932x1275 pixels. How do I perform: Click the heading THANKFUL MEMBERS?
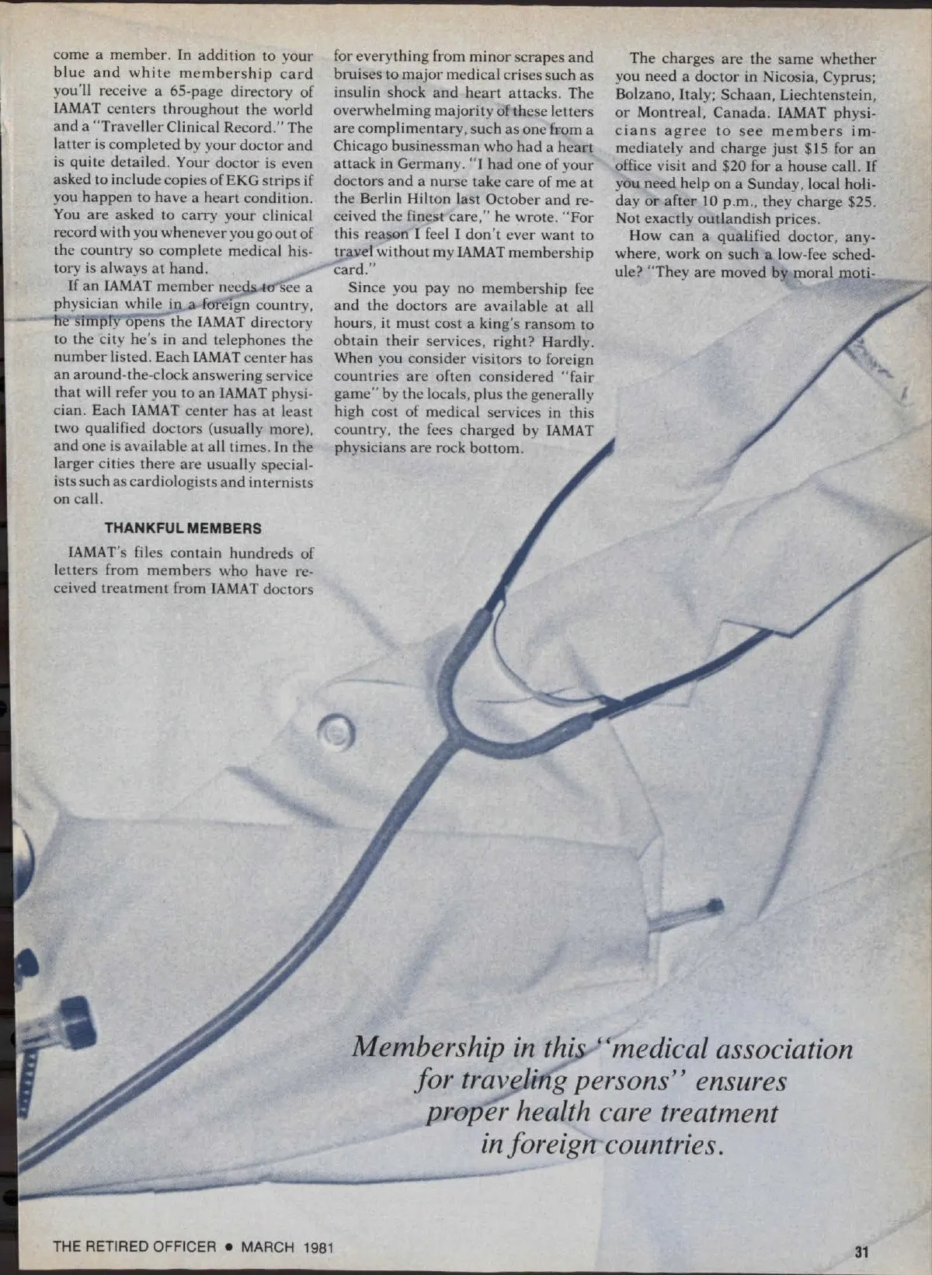(183, 528)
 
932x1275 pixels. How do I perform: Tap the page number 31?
(861, 1252)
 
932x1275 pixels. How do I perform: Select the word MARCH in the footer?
(267, 1247)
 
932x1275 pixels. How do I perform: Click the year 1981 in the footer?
(318, 1247)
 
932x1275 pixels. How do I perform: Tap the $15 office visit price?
(817, 148)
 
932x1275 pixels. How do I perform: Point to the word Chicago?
(365, 146)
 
